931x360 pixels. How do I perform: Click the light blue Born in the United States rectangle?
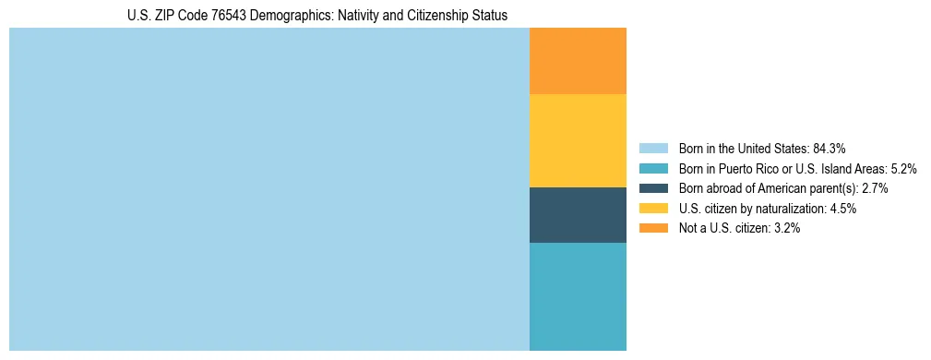click(x=269, y=189)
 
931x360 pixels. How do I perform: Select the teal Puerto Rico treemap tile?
click(x=578, y=296)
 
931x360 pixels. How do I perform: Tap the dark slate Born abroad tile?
click(x=578, y=214)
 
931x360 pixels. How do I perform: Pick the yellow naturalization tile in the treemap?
click(x=578, y=140)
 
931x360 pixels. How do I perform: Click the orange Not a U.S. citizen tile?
click(x=578, y=61)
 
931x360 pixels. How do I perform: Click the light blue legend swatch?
click(x=652, y=148)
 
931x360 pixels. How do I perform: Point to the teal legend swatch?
click(x=652, y=168)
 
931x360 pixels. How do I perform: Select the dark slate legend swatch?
click(x=652, y=188)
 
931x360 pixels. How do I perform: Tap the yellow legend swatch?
click(x=652, y=209)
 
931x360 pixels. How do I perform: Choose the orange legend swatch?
click(x=652, y=228)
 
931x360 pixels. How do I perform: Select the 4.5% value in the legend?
click(x=841, y=209)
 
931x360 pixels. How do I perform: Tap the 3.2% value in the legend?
click(x=784, y=228)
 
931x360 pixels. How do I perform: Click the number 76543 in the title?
click(x=206, y=16)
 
